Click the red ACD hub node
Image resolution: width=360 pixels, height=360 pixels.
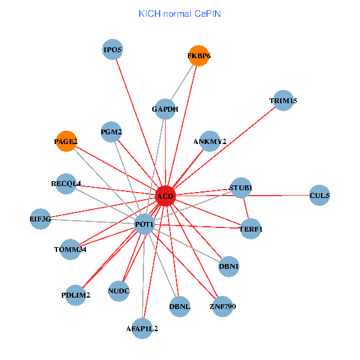pos(165,196)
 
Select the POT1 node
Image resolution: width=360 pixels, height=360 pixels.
pos(145,224)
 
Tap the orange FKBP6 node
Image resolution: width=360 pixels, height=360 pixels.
pos(199,56)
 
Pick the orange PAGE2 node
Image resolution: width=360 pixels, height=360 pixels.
pos(66,142)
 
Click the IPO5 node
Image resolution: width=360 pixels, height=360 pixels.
pos(113,50)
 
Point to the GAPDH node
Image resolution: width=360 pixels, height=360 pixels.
pos(165,109)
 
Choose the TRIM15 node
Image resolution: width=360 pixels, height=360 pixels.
pos(283,101)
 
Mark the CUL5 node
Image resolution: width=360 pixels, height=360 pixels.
pos(319,195)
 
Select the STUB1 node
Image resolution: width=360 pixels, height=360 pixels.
pos(241,188)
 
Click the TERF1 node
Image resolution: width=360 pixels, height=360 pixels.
pos(250,229)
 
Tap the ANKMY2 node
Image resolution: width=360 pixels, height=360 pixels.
pos(210,142)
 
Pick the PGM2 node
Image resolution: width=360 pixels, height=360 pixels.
pos(112,132)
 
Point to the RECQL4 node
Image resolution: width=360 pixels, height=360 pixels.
pos(66,183)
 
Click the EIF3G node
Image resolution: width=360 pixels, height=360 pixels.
pos(40,219)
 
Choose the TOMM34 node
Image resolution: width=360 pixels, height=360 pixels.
pos(70,249)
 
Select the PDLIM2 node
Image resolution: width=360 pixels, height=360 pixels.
pos(76,295)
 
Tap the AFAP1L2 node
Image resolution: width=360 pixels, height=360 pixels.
pos(142,328)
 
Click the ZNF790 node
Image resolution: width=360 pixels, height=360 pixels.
pos(223,307)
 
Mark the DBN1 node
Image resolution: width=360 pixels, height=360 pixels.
pos(229,266)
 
